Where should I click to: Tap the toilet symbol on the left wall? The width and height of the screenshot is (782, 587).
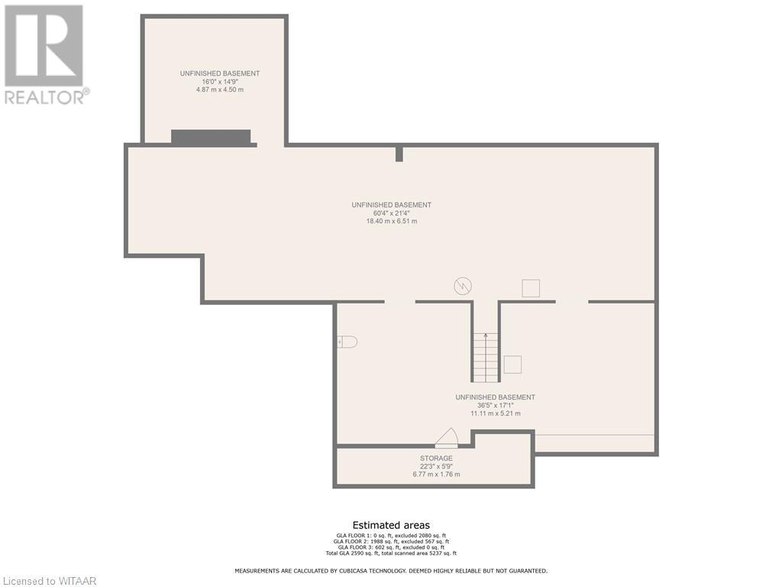(347, 342)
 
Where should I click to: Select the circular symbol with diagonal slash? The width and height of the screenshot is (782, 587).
(462, 287)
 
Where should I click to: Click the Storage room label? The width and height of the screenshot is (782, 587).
(436, 458)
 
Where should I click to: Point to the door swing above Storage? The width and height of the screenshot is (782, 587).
(447, 437)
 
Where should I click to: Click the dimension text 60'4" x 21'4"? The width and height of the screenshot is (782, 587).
(392, 213)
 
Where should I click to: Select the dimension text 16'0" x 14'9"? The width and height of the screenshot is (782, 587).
(220, 82)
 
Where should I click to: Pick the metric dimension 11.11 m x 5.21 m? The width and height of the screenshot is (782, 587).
(495, 413)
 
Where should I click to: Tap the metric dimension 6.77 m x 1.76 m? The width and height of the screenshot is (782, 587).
(436, 475)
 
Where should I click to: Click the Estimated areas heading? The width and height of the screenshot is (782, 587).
(391, 525)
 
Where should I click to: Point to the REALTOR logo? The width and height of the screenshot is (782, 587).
(46, 54)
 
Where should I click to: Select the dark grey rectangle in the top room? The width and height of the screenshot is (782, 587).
(211, 138)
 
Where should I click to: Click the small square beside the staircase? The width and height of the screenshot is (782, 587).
(512, 365)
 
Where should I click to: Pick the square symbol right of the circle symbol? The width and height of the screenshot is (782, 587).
(530, 288)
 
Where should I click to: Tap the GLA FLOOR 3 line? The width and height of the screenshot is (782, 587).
(391, 547)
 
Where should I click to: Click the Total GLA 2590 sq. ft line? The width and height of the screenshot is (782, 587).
(391, 553)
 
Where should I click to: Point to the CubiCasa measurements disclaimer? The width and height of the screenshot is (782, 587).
(391, 571)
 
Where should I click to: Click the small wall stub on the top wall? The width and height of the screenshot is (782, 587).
(399, 154)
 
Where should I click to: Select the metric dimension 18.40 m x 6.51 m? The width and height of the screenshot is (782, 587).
(392, 222)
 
